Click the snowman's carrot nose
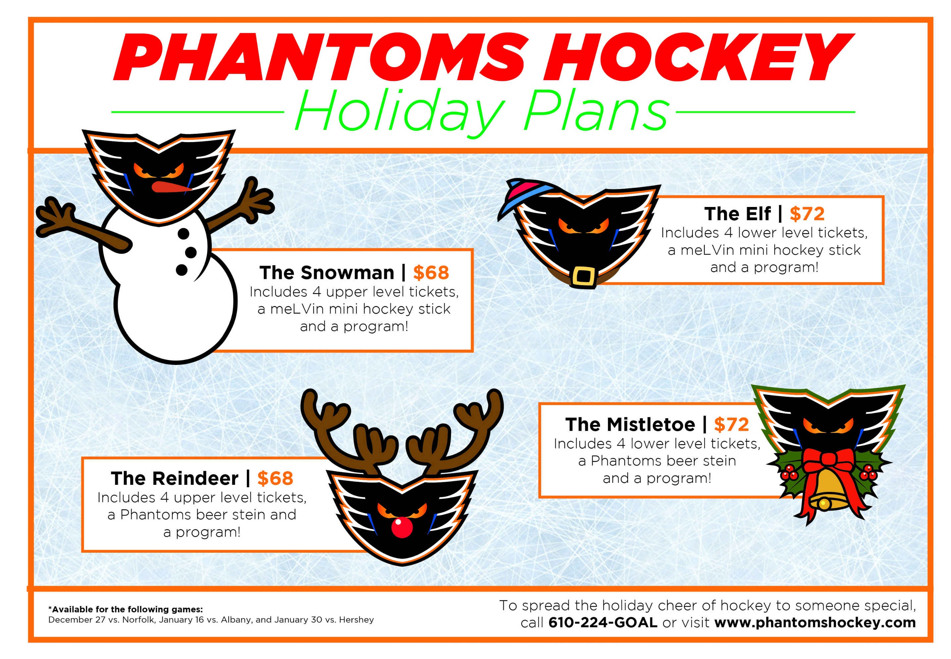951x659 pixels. click(x=171, y=187)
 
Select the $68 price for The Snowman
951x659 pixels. click(x=430, y=273)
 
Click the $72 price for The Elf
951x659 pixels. click(x=807, y=214)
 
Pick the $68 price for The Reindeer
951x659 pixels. click(x=275, y=478)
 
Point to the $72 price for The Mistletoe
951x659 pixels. click(x=731, y=424)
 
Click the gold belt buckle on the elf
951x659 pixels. click(x=584, y=276)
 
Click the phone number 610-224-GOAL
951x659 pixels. click(x=603, y=623)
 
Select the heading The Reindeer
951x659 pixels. click(x=174, y=479)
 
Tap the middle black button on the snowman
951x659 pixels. click(x=191, y=252)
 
